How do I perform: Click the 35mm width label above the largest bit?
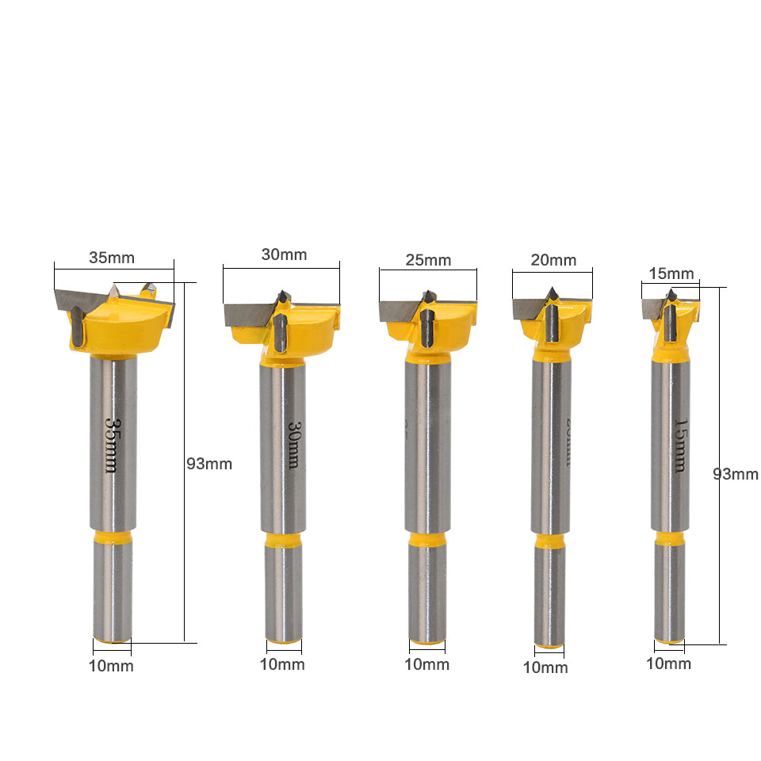click(x=112, y=258)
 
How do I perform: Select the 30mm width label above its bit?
click(x=284, y=254)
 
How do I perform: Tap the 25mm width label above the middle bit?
click(x=428, y=260)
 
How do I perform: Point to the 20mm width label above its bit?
click(x=553, y=260)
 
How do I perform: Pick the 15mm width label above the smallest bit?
click(x=671, y=274)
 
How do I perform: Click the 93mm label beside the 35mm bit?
click(x=209, y=464)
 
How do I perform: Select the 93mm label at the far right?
click(x=736, y=474)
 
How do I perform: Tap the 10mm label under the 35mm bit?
click(x=111, y=666)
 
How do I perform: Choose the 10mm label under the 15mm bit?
click(x=668, y=663)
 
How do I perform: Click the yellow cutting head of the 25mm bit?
click(x=444, y=325)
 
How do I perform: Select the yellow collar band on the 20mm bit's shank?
click(x=550, y=541)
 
